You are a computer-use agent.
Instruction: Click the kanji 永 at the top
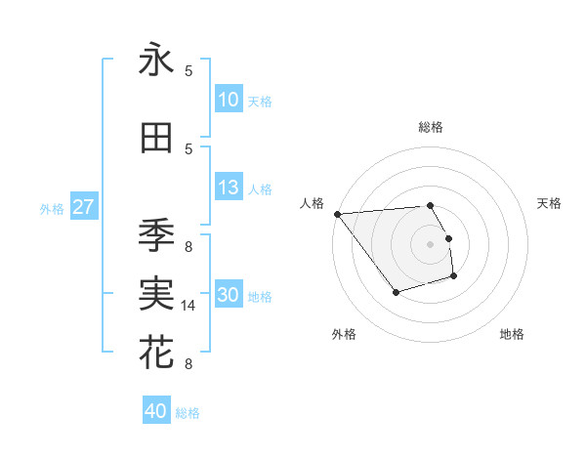pyautogui.click(x=156, y=60)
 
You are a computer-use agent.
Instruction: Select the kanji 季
pyautogui.click(x=156, y=235)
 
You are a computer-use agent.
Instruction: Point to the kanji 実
pyautogui.click(x=156, y=294)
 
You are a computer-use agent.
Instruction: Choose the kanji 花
pyautogui.click(x=156, y=353)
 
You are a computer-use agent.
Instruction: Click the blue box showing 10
pyautogui.click(x=229, y=100)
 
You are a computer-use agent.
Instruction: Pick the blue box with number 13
pyautogui.click(x=229, y=188)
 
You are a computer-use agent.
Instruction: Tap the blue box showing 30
pyautogui.click(x=229, y=296)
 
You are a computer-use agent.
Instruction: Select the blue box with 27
pyautogui.click(x=83, y=207)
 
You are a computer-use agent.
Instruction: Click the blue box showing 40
pyautogui.click(x=156, y=411)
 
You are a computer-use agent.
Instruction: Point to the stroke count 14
pyautogui.click(x=188, y=306)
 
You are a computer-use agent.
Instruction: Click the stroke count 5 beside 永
pyautogui.click(x=188, y=71)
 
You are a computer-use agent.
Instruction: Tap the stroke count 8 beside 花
pyautogui.click(x=188, y=364)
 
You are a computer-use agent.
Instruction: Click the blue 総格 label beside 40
pyautogui.click(x=188, y=413)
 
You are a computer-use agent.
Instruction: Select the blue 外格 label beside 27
pyautogui.click(x=52, y=208)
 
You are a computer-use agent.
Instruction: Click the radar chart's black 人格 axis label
pyautogui.click(x=313, y=203)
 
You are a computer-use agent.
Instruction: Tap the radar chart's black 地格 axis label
pyautogui.click(x=512, y=335)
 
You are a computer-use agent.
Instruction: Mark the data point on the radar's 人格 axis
pyautogui.click(x=337, y=214)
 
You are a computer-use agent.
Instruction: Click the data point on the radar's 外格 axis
pyautogui.click(x=396, y=292)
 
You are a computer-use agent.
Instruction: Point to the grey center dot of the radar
pyautogui.click(x=430, y=244)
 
